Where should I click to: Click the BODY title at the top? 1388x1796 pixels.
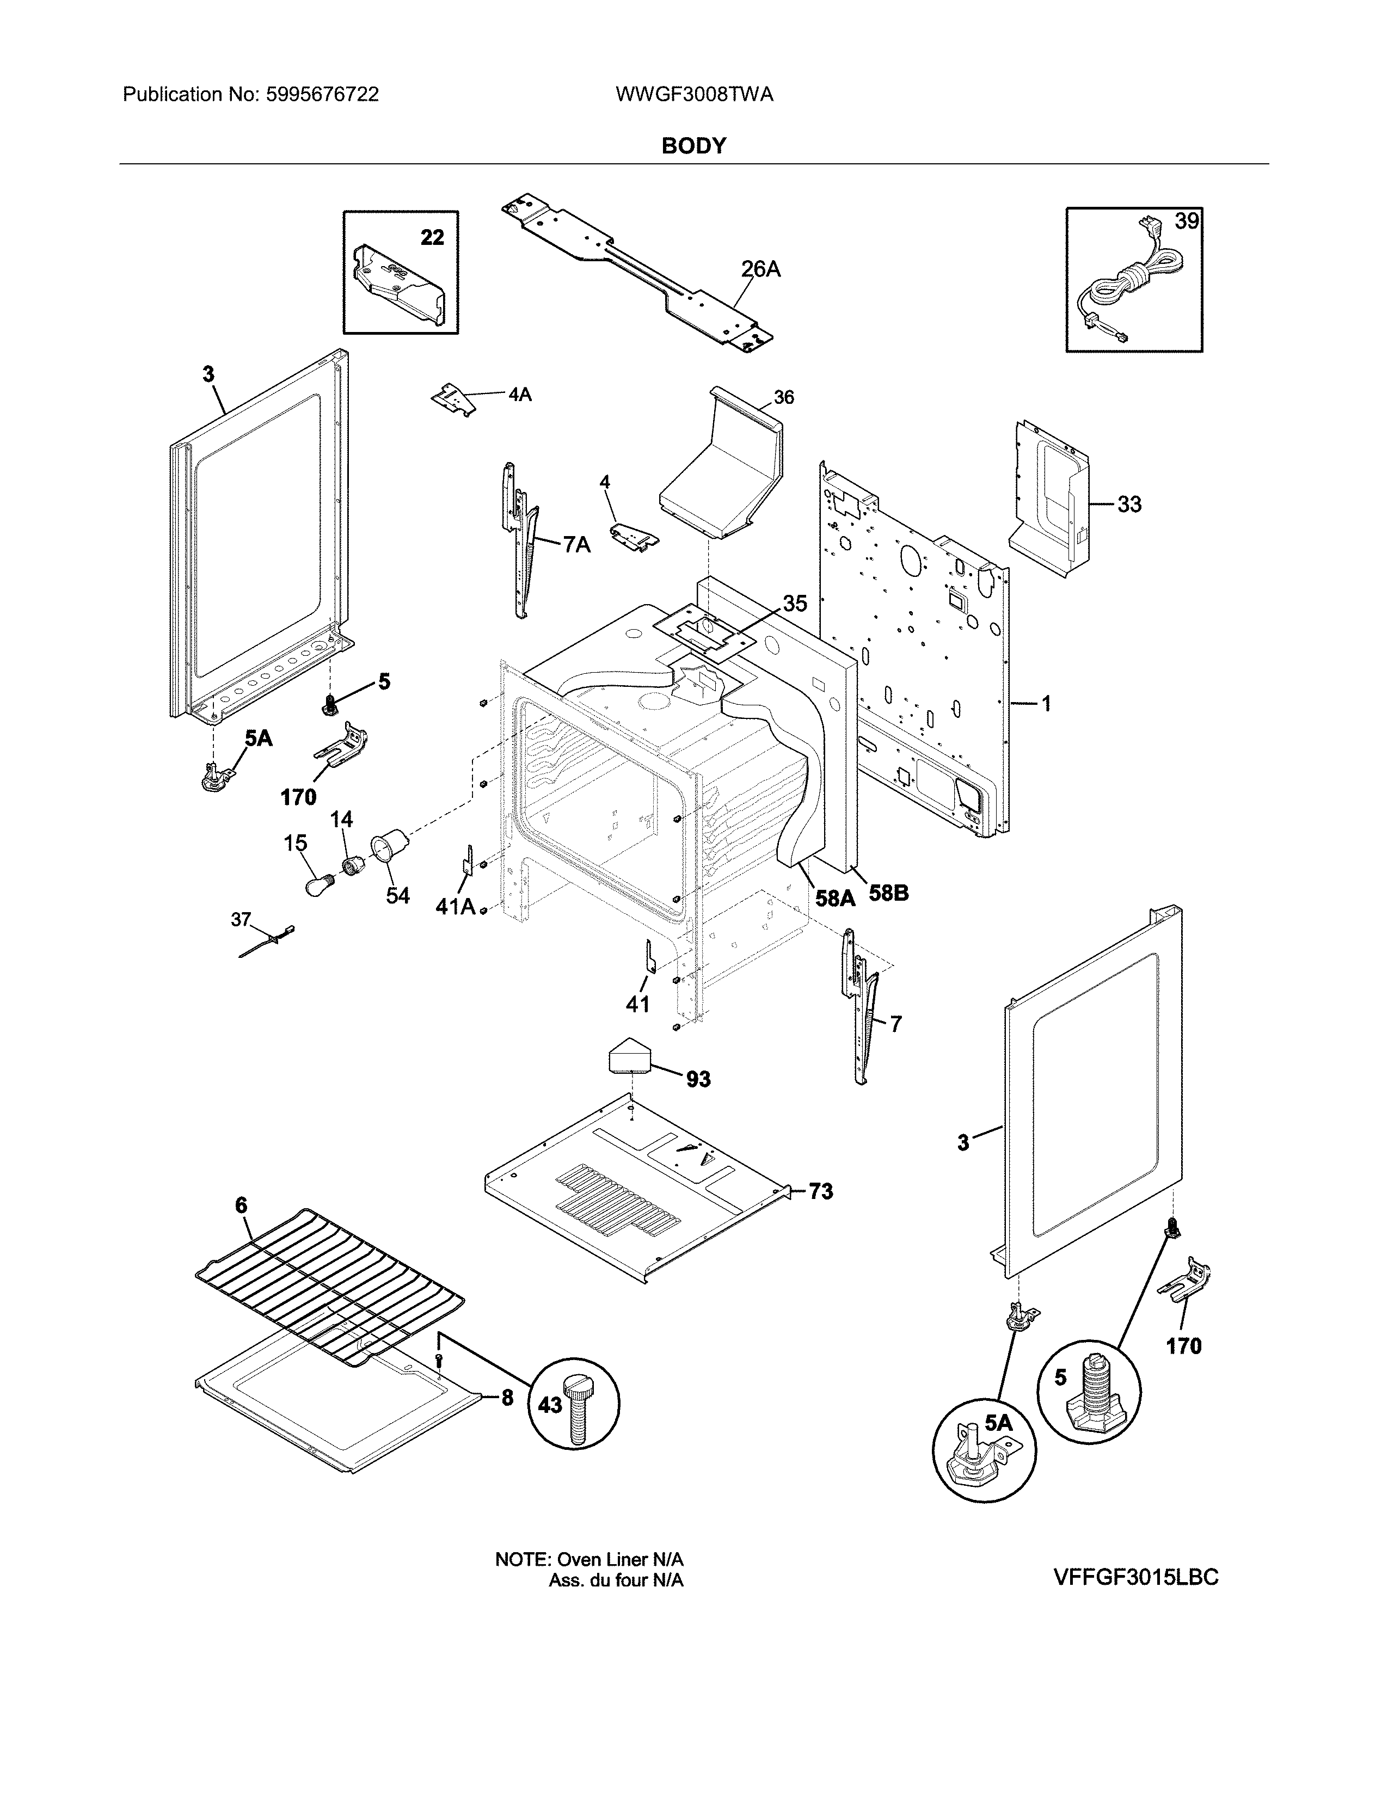(x=693, y=145)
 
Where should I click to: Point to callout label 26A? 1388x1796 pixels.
(x=760, y=269)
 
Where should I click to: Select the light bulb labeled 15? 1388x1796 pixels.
(x=318, y=887)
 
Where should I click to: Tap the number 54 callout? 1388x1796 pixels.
(x=398, y=895)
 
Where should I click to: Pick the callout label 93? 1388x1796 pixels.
(x=698, y=1078)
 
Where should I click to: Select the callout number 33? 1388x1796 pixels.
(x=1129, y=503)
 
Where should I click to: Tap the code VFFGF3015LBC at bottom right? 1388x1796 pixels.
(x=1135, y=1577)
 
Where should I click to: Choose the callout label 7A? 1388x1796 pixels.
(x=577, y=544)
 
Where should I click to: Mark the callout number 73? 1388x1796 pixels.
(x=820, y=1191)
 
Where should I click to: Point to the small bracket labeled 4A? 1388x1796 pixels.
(x=454, y=399)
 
